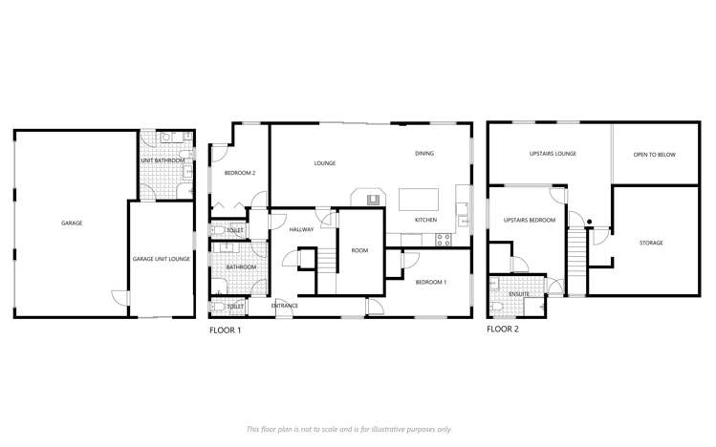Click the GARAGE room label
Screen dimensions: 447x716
point(72,223)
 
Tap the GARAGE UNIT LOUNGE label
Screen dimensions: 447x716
point(162,259)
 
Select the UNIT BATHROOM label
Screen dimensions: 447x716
point(164,160)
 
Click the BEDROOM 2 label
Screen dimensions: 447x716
point(239,173)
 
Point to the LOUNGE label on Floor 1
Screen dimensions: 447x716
point(325,163)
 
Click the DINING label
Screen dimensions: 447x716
point(424,154)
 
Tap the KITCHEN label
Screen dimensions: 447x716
point(425,220)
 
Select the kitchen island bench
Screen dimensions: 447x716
point(419,199)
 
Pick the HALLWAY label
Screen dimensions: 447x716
point(301,229)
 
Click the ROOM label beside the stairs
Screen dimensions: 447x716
point(359,250)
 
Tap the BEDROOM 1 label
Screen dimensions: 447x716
point(431,283)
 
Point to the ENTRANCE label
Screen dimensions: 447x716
point(285,306)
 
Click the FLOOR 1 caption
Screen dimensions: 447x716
point(226,330)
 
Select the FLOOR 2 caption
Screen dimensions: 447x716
point(503,330)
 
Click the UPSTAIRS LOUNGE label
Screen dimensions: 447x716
point(552,154)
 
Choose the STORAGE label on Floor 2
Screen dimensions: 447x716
point(651,243)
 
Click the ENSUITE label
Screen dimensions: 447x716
point(519,294)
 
